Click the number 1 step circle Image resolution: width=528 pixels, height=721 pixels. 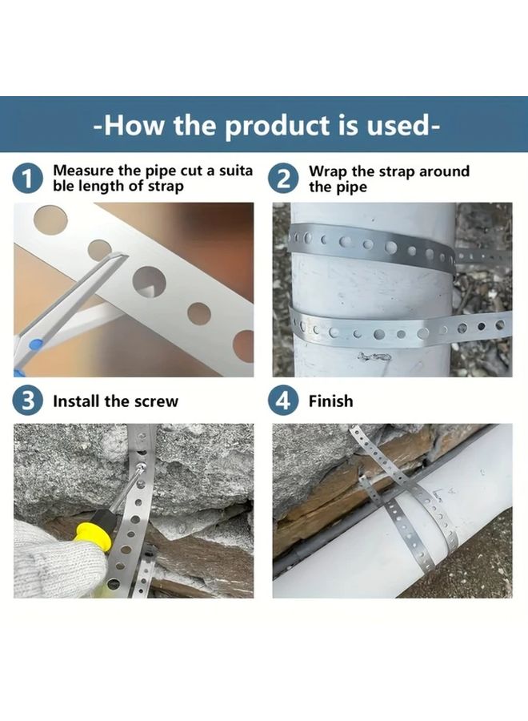(28, 179)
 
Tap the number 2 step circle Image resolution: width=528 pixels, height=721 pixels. (284, 179)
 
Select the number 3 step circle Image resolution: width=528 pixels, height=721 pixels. (28, 401)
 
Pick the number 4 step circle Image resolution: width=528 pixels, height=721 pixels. (284, 401)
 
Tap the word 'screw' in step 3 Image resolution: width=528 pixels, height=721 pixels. (158, 401)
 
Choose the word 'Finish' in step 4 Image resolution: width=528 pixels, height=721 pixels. (330, 401)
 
